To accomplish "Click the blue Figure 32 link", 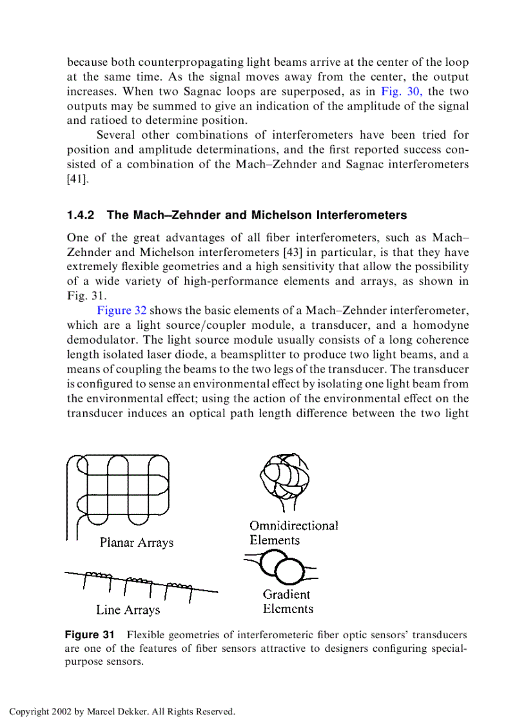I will coord(122,311).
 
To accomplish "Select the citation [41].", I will coord(76,179).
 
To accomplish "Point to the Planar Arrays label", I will coord(137,542).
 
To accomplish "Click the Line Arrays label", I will coord(128,609).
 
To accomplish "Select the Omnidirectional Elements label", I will coord(293,533).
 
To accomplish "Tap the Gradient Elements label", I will coord(287,602).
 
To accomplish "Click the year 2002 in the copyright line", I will coord(60,712).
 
